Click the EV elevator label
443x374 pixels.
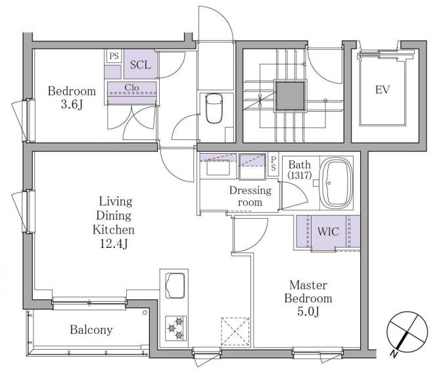pyautogui.click(x=383, y=89)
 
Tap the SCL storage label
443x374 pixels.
pyautogui.click(x=141, y=65)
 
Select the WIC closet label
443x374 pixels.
pyautogui.click(x=328, y=231)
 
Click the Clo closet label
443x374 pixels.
pyautogui.click(x=132, y=87)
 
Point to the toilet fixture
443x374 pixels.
pyautogui.click(x=214, y=108)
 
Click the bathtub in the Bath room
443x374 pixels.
pyautogui.click(x=337, y=183)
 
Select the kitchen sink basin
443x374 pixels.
pyautogui.click(x=175, y=285)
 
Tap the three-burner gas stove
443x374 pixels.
pyautogui.click(x=175, y=328)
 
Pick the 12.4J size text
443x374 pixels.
pyautogui.click(x=114, y=243)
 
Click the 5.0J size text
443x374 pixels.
pyautogui.click(x=308, y=312)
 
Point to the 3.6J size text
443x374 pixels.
pyautogui.click(x=72, y=105)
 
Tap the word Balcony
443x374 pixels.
pyautogui.click(x=91, y=330)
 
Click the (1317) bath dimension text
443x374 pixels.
pyautogui.click(x=300, y=175)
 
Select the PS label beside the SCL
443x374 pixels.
pyautogui.click(x=114, y=56)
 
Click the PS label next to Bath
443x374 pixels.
pyautogui.click(x=273, y=164)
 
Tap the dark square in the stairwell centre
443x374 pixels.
pyautogui.click(x=290, y=97)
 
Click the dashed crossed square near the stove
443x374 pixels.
pyautogui.click(x=235, y=331)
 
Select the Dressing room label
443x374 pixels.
pyautogui.click(x=250, y=196)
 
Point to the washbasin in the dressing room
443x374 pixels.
pyautogui.click(x=218, y=168)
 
